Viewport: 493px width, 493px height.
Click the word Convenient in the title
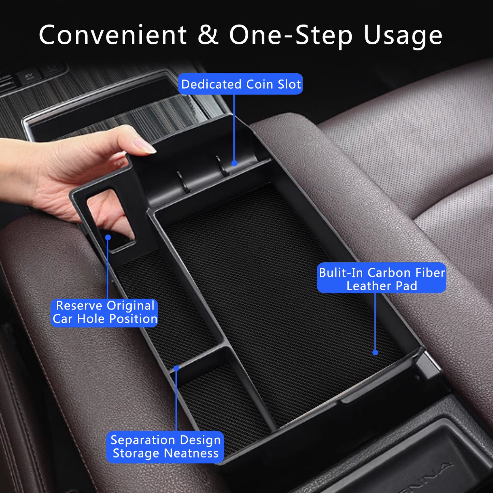(113, 35)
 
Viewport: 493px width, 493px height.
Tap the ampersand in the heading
(208, 35)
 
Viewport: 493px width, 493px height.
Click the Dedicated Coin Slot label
(241, 84)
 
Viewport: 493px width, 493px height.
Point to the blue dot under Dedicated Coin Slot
(234, 163)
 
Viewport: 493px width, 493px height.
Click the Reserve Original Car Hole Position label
(104, 312)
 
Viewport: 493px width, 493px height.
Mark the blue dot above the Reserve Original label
(108, 237)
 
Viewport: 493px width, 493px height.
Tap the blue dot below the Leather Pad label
(375, 352)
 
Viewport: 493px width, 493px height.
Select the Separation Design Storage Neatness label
(165, 447)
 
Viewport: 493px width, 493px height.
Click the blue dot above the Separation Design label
(176, 368)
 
